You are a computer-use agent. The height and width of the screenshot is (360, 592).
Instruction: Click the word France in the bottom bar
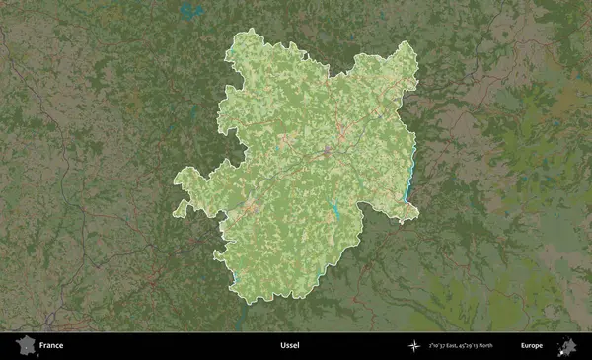(x=51, y=346)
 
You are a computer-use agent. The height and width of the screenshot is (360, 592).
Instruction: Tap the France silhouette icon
(x=25, y=346)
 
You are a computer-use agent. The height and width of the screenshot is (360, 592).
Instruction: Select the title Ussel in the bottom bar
(x=289, y=346)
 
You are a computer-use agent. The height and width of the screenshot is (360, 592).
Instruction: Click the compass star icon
(x=416, y=346)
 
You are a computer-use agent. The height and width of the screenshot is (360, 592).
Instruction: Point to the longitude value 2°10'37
(x=445, y=346)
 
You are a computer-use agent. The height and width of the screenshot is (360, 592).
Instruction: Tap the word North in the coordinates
(x=511, y=346)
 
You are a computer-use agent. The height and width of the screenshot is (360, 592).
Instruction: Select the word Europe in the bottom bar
(x=532, y=346)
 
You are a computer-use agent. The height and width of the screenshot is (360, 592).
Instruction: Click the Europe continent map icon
(x=567, y=346)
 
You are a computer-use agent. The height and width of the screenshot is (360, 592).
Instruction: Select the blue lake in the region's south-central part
(x=335, y=209)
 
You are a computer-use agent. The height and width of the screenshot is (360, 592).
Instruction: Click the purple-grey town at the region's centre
(x=327, y=154)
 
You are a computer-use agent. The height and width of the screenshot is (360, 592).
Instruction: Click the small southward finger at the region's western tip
(x=181, y=208)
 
